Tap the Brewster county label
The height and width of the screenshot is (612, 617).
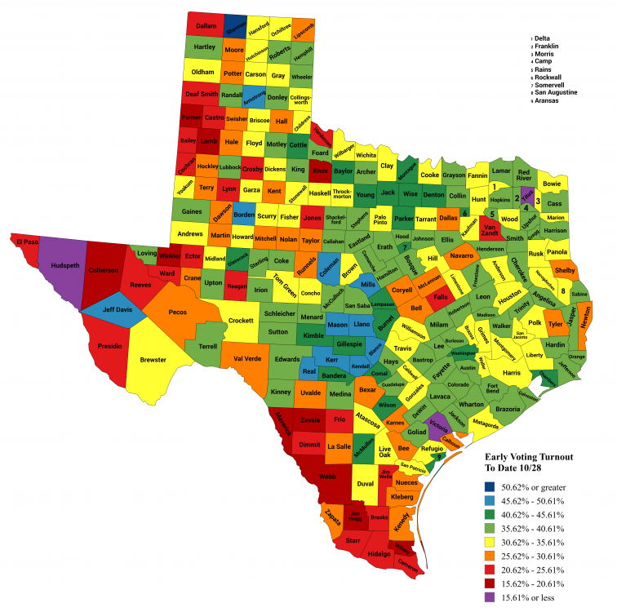click(153, 359)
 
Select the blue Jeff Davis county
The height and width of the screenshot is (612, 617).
click(107, 311)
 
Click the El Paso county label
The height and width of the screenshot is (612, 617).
click(24, 241)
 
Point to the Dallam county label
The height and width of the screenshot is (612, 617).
click(206, 26)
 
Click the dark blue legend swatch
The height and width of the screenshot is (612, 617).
click(490, 487)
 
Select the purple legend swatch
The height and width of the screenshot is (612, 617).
click(490, 597)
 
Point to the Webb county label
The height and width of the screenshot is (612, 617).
click(328, 476)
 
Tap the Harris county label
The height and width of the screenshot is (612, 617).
click(512, 373)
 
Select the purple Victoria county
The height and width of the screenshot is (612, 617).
click(439, 425)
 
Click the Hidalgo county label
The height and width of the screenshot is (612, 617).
click(379, 553)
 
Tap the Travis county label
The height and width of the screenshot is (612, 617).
click(403, 348)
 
